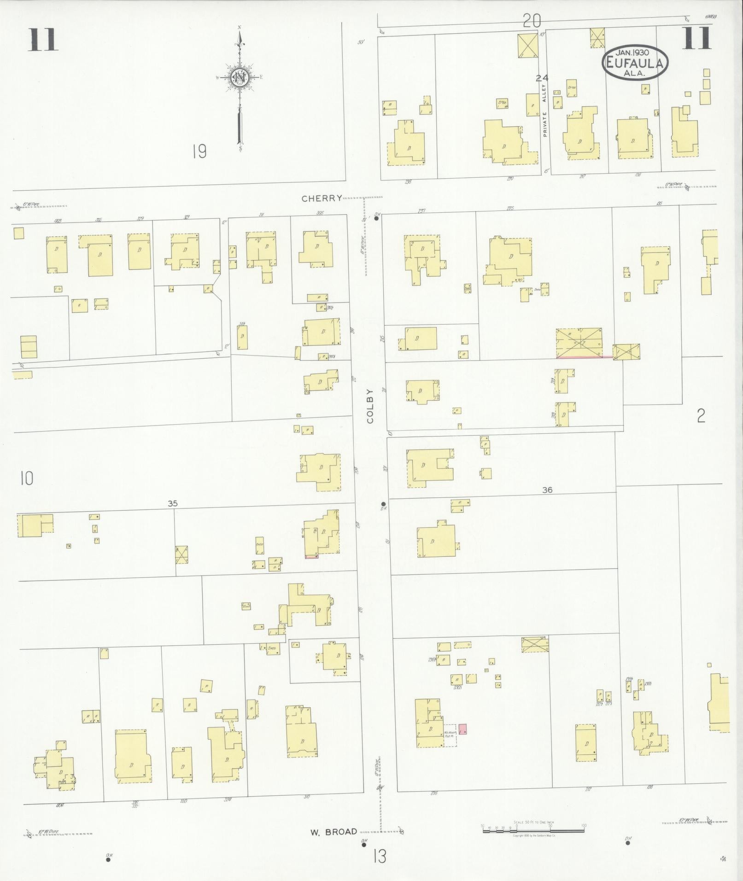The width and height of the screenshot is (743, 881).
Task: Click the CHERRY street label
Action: (322, 198)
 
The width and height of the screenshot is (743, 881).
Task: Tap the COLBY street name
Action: (371, 405)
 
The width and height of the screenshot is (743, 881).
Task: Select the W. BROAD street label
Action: (333, 832)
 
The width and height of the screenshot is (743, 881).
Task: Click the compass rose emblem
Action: (240, 76)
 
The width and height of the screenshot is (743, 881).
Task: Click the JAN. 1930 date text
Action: (635, 53)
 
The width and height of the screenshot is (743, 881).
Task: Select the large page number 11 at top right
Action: (697, 38)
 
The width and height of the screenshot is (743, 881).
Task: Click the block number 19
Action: (199, 151)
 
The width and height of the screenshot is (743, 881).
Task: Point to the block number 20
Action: (531, 21)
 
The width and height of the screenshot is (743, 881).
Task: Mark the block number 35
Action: (172, 504)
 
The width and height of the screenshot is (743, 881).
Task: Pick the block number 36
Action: (547, 490)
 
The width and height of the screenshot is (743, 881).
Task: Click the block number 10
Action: (26, 479)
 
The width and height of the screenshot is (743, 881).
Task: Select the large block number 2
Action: (701, 416)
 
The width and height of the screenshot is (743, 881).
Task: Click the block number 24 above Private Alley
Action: (542, 78)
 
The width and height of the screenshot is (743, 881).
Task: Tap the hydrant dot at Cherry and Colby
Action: (376, 219)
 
